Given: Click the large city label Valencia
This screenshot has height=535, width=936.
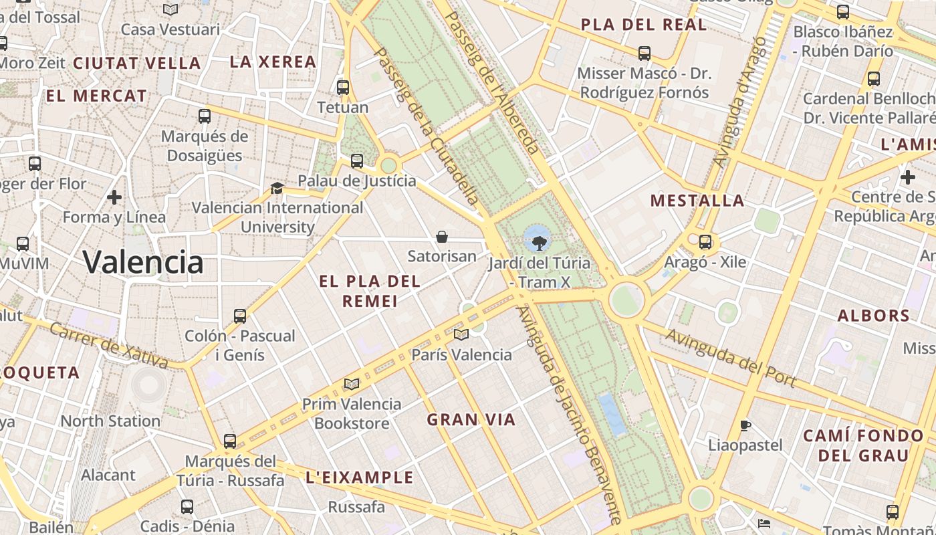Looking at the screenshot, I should coord(143,261).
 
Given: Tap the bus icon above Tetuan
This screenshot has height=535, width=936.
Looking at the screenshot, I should coord(343,87).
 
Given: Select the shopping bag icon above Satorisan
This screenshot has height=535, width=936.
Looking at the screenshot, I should coord(441,236).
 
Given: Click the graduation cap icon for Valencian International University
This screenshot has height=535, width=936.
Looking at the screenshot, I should coord(277,189).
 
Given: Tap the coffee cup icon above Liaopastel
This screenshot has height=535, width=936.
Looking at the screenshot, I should coord(745,425).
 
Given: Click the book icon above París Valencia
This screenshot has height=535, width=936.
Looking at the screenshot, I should coord(461,334).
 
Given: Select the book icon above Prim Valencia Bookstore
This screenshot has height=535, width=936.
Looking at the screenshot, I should coord(351,384).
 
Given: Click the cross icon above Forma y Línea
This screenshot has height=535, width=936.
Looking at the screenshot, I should coord(114,197).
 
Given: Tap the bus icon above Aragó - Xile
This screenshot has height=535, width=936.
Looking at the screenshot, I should coord(705,241).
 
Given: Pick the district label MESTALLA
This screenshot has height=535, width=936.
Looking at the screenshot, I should coord(697,201).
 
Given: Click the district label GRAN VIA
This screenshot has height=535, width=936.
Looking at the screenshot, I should coord(471,420).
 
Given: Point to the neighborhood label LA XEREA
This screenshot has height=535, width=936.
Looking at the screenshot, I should coord(273,62).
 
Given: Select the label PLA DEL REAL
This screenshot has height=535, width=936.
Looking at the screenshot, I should coord(644,25).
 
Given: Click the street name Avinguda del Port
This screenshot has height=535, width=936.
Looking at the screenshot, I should coord(730,358).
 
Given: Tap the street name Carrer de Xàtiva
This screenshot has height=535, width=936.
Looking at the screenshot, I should coord(108,346).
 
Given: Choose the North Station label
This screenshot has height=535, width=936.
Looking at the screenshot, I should coord(110,421).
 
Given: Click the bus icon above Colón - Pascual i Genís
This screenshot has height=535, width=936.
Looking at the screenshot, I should coord(240,316).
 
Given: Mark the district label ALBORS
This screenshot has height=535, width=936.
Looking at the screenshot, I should coord(874,316).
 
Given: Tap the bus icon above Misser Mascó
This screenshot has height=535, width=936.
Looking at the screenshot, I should coord(645,53).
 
